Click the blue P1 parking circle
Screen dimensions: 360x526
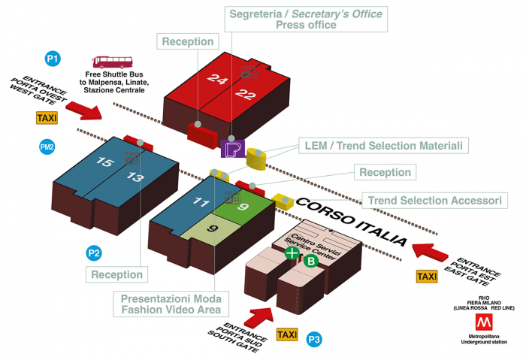(53, 58)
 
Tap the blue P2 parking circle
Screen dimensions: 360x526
(94, 253)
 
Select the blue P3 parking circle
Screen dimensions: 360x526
(315, 340)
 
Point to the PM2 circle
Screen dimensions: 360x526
(47, 148)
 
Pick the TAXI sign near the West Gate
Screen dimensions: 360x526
(47, 118)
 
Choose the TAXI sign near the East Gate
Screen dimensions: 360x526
(427, 277)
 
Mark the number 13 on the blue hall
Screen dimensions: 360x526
(135, 177)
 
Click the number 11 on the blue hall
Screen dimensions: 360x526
(200, 201)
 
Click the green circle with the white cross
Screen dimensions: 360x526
(292, 253)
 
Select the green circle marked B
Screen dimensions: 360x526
(310, 262)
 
